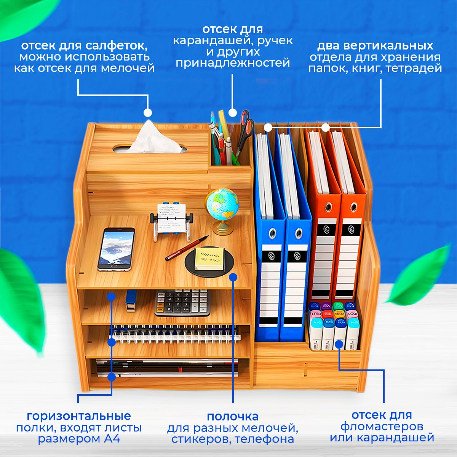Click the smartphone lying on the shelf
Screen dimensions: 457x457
(x=116, y=249)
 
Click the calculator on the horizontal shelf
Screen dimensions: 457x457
(x=182, y=303)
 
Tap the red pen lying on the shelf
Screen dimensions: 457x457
(x=187, y=248)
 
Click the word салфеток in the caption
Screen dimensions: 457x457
(x=117, y=46)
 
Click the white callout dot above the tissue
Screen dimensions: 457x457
(x=148, y=113)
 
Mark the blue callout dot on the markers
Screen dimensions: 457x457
(x=339, y=344)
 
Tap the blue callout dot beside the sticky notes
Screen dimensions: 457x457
(x=233, y=277)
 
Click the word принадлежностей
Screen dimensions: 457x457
(x=233, y=63)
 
